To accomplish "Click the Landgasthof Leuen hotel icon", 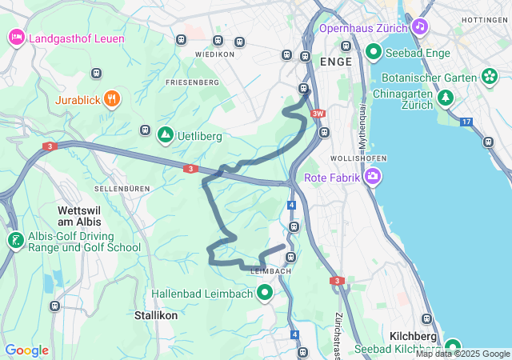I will (16, 37).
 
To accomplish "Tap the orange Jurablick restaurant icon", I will (112, 100).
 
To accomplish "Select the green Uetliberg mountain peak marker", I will (165, 135).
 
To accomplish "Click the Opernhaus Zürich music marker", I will (420, 26).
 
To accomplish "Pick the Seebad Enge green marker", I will (373, 53).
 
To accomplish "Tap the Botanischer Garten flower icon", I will (490, 77).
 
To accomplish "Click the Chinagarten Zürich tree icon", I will (445, 97).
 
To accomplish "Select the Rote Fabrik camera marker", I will (372, 177).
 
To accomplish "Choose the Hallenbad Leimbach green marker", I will (265, 294).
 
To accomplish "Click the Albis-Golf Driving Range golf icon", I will (15, 240).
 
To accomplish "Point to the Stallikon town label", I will (156, 315).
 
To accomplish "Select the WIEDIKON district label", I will (214, 54).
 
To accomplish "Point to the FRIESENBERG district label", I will (192, 82).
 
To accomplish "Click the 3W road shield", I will (318, 114).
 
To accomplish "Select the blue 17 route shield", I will (466, 122).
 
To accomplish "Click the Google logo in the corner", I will (26, 350).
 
